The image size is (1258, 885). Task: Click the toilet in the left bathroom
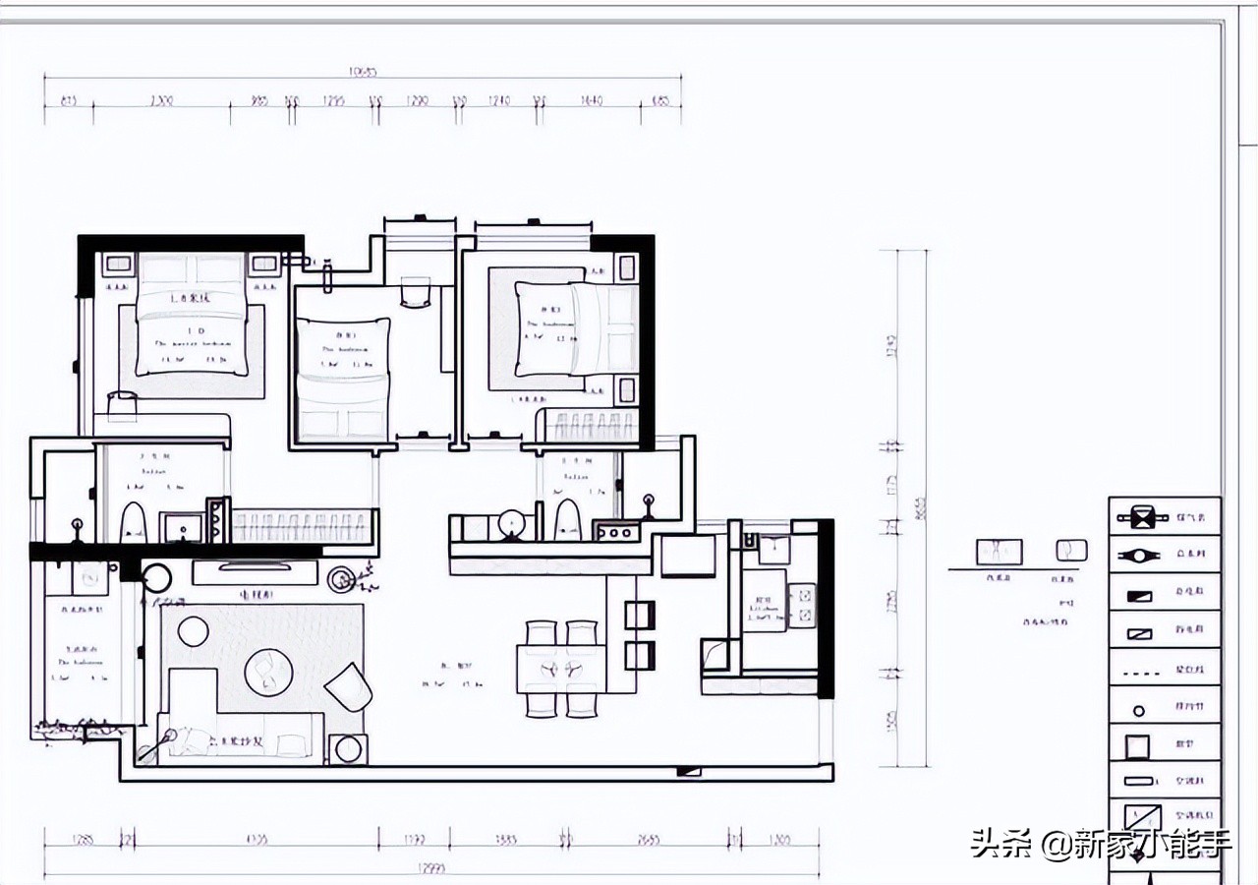pos(132,522)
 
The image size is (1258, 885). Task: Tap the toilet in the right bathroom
pos(568,519)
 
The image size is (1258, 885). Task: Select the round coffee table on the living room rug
pos(268,670)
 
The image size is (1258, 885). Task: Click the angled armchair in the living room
pos(349,686)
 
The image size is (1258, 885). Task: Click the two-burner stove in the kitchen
pos(802,606)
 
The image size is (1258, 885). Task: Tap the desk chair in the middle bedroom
pos(416,292)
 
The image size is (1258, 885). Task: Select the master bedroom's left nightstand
pos(118,264)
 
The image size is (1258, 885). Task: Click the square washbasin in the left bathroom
pos(181,526)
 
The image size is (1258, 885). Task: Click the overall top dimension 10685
pos(364,72)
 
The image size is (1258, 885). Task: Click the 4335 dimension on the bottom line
pos(257,840)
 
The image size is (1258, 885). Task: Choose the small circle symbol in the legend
pos(1139,709)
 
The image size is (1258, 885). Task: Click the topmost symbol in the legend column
pos(1140,516)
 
